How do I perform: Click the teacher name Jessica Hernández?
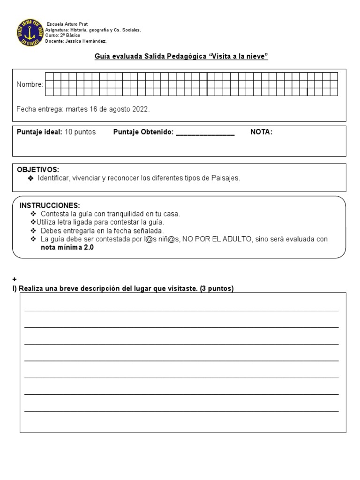pyautogui.click(x=90, y=41)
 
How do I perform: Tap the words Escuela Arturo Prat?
pyautogui.click(x=67, y=24)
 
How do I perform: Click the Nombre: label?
pyautogui.click(x=30, y=84)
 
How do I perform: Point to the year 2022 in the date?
pyautogui.click(x=140, y=109)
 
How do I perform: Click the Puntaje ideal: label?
pyautogui.click(x=39, y=132)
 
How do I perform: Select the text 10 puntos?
pyautogui.click(x=80, y=132)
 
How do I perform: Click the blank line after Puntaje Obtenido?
pyautogui.click(x=205, y=133)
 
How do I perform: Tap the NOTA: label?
pyautogui.click(x=261, y=132)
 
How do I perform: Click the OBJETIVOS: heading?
pyautogui.click(x=38, y=169)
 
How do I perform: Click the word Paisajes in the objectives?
pyautogui.click(x=225, y=178)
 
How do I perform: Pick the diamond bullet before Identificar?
pyautogui.click(x=30, y=178)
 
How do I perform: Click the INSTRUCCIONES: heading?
pyautogui.click(x=50, y=206)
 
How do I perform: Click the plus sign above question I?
pyautogui.click(x=15, y=279)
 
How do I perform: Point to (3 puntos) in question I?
pyautogui.click(x=216, y=288)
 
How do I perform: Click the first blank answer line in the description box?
pyautogui.click(x=181, y=310)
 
